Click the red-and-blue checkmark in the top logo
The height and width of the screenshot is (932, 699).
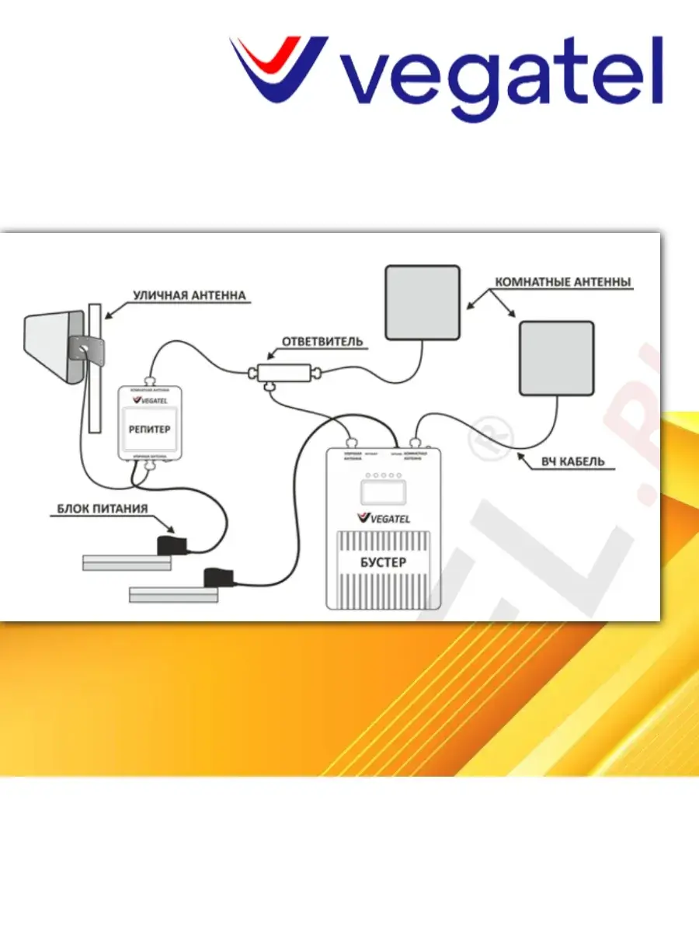pos(276,66)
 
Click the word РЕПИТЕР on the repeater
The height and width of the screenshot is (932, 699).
pos(149,429)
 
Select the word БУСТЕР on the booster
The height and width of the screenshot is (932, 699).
pos(384,562)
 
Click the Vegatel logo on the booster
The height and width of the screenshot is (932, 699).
pos(383,518)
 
